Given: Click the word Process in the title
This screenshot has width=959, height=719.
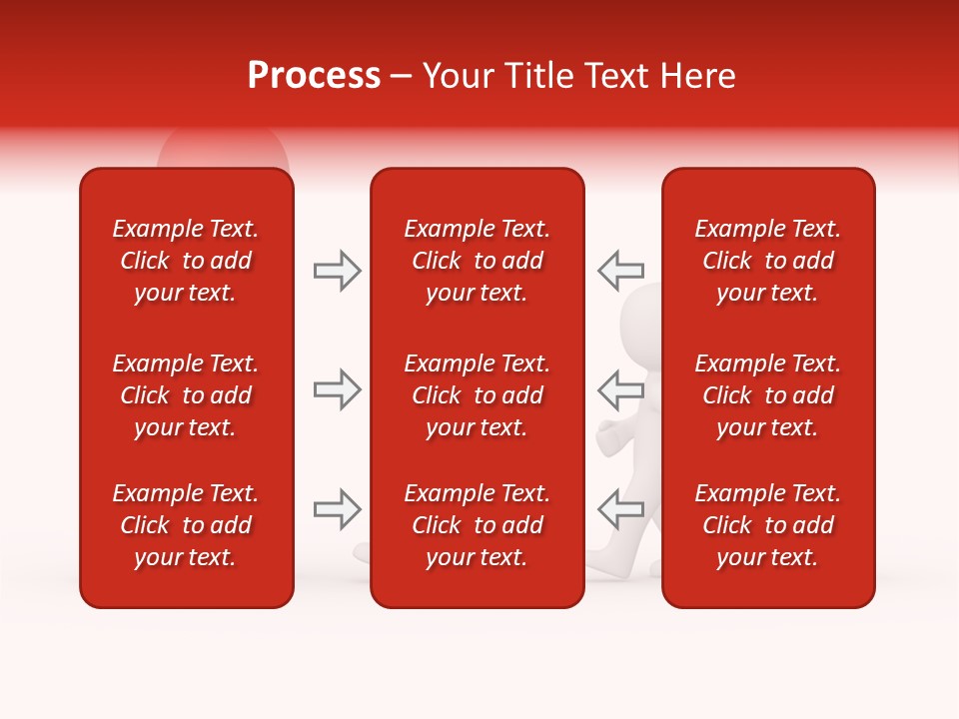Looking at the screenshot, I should click(x=314, y=76).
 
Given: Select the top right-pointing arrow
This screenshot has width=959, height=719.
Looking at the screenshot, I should click(x=337, y=271).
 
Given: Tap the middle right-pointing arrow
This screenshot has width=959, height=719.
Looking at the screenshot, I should click(x=337, y=389).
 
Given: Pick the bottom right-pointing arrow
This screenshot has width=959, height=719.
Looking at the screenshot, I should click(x=337, y=509).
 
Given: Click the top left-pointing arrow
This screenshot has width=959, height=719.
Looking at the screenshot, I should click(x=620, y=270).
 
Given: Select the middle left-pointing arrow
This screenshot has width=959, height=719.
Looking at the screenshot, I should click(x=620, y=388).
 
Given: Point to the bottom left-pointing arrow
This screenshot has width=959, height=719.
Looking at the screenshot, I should click(x=620, y=509).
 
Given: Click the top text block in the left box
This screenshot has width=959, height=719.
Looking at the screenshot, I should click(x=186, y=261).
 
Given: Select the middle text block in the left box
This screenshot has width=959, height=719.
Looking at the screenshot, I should click(x=186, y=395).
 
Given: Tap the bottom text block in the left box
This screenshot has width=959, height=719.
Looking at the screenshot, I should click(x=186, y=525).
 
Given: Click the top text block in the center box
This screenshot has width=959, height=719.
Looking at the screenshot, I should click(x=478, y=261).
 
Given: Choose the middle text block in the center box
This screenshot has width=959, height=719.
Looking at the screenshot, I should click(x=478, y=395).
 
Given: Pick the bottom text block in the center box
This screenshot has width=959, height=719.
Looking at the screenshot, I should click(x=478, y=525).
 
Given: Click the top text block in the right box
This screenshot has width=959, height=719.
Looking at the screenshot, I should click(x=768, y=261).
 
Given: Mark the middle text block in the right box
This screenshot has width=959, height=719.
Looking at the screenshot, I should click(x=768, y=395).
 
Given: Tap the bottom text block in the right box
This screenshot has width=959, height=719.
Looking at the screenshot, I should click(x=768, y=525).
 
